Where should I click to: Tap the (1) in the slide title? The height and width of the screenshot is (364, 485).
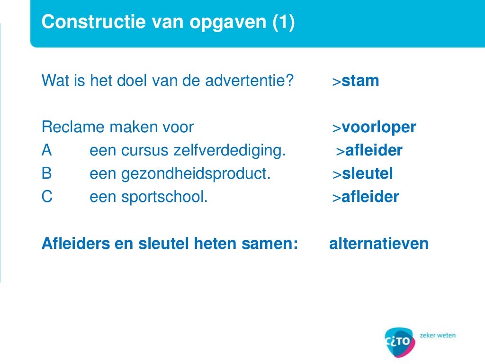[x=283, y=22]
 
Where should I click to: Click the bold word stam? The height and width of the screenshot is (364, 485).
[x=360, y=81]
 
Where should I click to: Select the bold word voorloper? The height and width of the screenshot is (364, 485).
[x=378, y=127]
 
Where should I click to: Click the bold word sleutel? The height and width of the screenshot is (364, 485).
[x=367, y=174]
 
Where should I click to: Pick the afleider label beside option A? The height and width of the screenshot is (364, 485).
[x=373, y=151]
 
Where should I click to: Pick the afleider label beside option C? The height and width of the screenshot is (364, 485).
[x=370, y=197]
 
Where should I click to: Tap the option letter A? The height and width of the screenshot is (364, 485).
[x=46, y=151]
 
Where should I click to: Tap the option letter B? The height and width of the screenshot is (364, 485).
[x=46, y=174]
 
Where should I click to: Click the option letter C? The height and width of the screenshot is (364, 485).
[x=47, y=197]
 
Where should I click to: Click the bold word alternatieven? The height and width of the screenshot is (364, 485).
[x=378, y=244]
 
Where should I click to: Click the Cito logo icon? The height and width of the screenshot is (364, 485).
[x=400, y=341]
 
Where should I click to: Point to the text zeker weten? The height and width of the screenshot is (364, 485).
[x=438, y=335]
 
